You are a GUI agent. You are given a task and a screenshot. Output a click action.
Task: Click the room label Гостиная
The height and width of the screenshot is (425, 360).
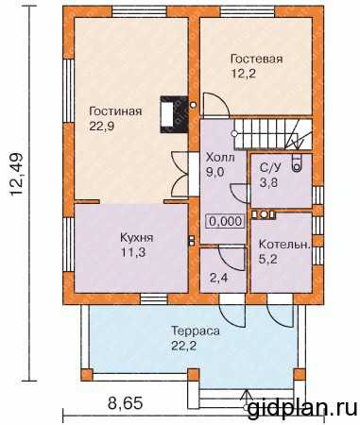tap(115, 111)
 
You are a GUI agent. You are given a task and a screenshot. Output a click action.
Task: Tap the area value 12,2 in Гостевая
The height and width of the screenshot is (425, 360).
tap(243, 74)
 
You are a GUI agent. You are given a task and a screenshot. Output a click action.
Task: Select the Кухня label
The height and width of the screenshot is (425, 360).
tap(137, 238)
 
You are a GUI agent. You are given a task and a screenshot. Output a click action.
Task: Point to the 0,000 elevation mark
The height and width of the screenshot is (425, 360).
tap(226, 221)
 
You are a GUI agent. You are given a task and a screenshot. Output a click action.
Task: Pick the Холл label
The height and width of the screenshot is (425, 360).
tap(220, 157)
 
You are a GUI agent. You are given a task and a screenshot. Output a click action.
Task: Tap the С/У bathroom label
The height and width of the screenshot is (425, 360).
tap(270, 167)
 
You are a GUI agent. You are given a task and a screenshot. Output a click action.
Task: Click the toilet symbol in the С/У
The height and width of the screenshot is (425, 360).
tap(297, 163)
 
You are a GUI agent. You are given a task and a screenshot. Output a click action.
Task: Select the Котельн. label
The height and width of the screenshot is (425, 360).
tap(284, 245)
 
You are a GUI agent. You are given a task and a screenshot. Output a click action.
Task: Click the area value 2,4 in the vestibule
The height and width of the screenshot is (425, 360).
tap(219, 278)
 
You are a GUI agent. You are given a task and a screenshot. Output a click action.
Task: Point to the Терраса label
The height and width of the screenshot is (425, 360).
tap(196, 331)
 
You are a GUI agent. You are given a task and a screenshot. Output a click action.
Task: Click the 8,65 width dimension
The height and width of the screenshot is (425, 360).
tap(125, 403)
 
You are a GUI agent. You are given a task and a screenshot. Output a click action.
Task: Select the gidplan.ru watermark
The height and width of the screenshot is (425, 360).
tap(302, 410)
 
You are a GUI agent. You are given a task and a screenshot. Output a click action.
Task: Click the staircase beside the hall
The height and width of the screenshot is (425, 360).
tap(273, 133)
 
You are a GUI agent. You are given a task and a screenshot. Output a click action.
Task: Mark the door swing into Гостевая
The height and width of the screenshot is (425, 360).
tap(216, 106)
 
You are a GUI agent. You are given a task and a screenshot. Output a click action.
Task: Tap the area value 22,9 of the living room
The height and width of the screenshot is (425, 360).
tap(102, 127)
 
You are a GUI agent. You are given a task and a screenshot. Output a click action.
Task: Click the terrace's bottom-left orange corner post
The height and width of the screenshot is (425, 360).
tap(87, 375)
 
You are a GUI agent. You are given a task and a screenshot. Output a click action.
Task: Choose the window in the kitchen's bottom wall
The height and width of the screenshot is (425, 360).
tap(153, 298)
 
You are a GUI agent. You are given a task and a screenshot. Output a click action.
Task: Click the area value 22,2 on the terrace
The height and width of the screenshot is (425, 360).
tap(183, 347)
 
